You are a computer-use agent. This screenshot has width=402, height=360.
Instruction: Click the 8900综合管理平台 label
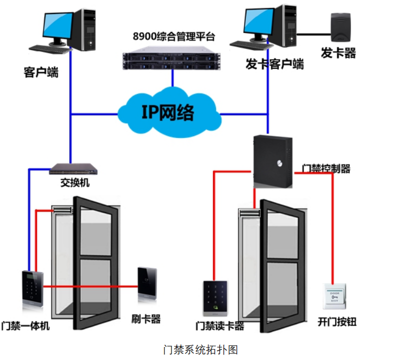point(173,36)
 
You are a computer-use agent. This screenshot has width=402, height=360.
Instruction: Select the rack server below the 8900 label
point(172,57)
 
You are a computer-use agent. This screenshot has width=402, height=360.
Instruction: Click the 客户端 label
point(41,73)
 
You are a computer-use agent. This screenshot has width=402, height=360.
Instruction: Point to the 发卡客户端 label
point(274,64)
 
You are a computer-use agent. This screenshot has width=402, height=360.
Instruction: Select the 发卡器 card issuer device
point(340,28)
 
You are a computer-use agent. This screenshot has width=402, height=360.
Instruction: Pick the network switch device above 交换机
point(73,169)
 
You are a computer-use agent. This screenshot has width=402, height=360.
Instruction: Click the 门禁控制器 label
point(326,168)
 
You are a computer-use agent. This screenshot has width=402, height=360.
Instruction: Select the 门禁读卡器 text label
point(219,326)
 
